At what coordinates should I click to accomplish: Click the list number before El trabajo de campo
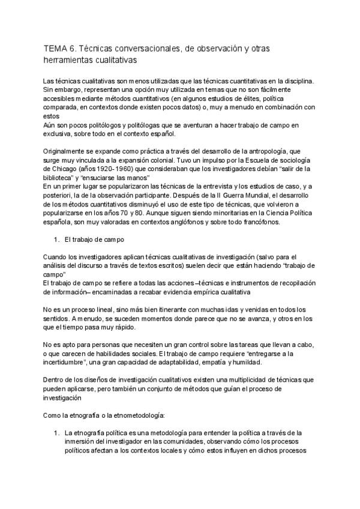[x=56, y=239]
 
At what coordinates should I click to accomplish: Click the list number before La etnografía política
[x=56, y=433]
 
